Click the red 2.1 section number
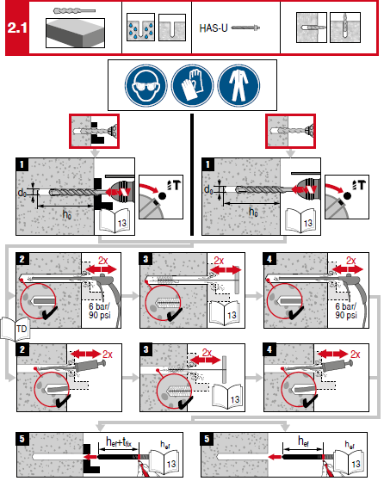tap(16, 28)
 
